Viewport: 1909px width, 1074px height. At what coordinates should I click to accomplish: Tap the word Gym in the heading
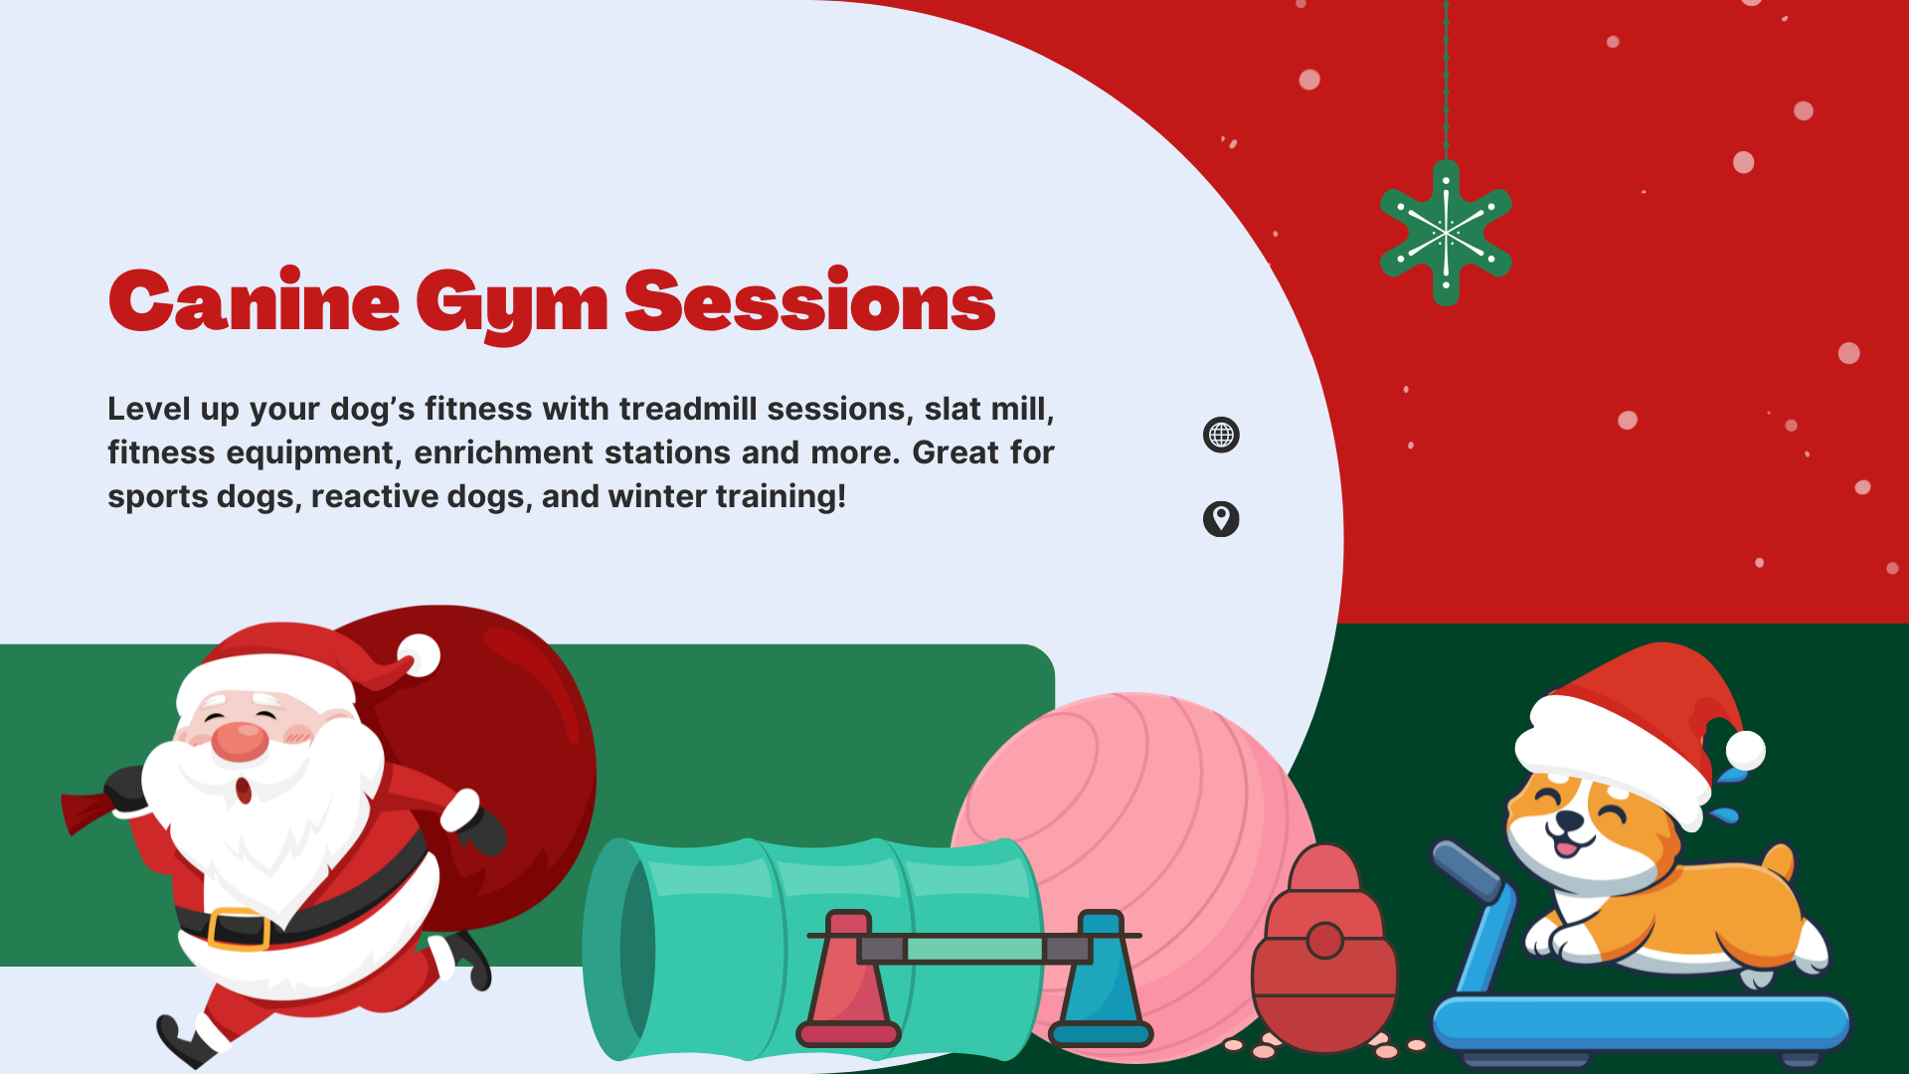pyautogui.click(x=511, y=305)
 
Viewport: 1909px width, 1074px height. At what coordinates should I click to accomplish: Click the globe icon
pyautogui.click(x=1221, y=435)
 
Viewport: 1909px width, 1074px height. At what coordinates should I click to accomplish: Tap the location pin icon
pyautogui.click(x=1221, y=518)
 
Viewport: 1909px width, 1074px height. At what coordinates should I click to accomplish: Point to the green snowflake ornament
pyautogui.click(x=1446, y=233)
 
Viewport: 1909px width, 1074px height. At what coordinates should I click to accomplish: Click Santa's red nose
pyautogui.click(x=240, y=741)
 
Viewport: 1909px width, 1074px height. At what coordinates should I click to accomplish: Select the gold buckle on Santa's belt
pyautogui.click(x=239, y=929)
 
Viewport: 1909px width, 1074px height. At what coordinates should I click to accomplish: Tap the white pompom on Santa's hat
pyautogui.click(x=419, y=655)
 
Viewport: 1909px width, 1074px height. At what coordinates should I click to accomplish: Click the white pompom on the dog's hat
pyautogui.click(x=1745, y=750)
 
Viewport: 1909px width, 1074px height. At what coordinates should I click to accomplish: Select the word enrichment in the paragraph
pyautogui.click(x=504, y=452)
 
